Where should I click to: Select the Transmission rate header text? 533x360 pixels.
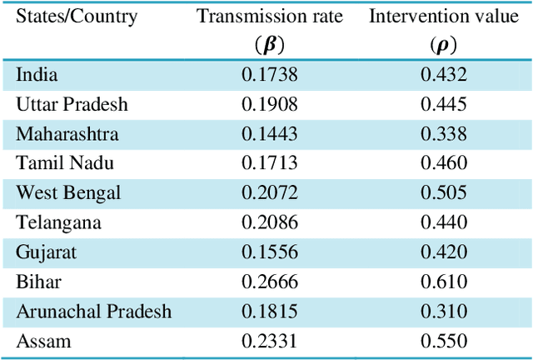[x=269, y=17]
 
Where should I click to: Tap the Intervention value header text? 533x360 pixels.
[x=443, y=17]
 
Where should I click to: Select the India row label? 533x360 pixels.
[x=37, y=75]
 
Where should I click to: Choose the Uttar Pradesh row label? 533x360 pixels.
[x=72, y=104]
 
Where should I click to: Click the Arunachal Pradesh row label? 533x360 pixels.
[x=93, y=312]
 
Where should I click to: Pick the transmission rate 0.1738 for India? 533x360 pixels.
[x=269, y=75]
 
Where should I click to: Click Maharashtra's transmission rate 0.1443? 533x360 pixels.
[x=269, y=134]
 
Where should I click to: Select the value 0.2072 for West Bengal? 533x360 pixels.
[x=269, y=193]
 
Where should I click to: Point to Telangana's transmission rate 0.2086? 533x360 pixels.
[x=269, y=222]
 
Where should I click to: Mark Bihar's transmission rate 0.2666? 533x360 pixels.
[x=269, y=282]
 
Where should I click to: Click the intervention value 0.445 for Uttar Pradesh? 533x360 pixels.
[x=443, y=104]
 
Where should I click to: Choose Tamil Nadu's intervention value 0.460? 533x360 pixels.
[x=443, y=163]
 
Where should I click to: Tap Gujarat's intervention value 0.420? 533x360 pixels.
[x=443, y=252]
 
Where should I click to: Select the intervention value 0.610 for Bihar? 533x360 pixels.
[x=443, y=282]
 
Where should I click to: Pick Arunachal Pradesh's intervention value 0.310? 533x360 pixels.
[x=443, y=312]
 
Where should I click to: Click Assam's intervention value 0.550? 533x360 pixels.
[x=443, y=341]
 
